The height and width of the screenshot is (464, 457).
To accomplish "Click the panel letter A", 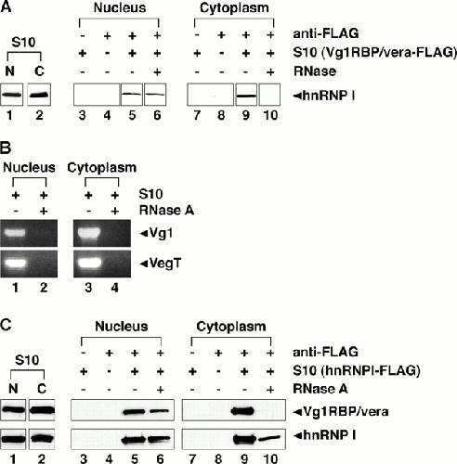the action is pyautogui.click(x=7, y=6).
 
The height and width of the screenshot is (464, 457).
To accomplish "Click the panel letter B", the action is pyautogui.click(x=6, y=148).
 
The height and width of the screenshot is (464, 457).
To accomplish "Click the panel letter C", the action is pyautogui.click(x=6, y=325).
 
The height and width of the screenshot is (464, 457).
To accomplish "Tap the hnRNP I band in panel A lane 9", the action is pyautogui.click(x=246, y=96).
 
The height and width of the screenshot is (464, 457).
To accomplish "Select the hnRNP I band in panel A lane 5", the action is pyautogui.click(x=132, y=94).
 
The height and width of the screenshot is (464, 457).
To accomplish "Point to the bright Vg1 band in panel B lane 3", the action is pyautogui.click(x=90, y=232).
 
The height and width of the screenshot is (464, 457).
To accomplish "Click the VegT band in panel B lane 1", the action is pyautogui.click(x=14, y=264).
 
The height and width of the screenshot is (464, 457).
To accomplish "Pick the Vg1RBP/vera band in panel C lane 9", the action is pyautogui.click(x=242, y=411).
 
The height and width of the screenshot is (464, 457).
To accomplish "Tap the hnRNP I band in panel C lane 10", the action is pyautogui.click(x=269, y=438).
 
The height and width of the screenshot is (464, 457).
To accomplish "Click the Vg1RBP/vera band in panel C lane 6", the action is pyautogui.click(x=160, y=411).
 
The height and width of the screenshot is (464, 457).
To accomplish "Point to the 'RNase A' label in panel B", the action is pyautogui.click(x=166, y=211).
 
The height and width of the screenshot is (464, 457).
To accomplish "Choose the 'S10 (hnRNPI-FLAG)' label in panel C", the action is pyautogui.click(x=357, y=370).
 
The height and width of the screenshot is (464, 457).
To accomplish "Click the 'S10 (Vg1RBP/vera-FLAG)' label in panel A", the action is pyautogui.click(x=374, y=53).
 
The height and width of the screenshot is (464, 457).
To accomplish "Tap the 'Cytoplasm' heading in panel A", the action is pyautogui.click(x=234, y=8).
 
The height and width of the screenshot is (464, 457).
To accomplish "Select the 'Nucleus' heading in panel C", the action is pyautogui.click(x=122, y=326).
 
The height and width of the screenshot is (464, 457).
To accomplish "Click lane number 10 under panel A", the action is pyautogui.click(x=270, y=115).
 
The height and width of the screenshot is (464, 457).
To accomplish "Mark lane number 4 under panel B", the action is pyautogui.click(x=114, y=288).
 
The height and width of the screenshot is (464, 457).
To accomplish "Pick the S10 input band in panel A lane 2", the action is pyautogui.click(x=39, y=95).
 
